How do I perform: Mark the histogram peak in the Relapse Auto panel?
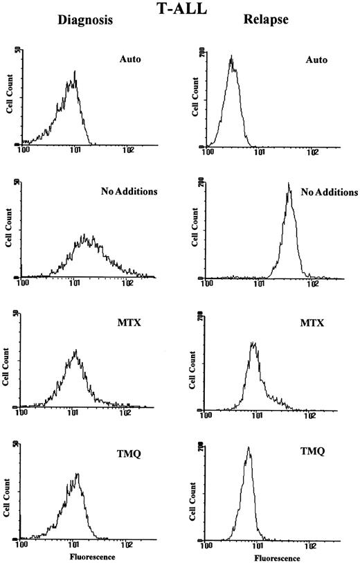point(232,57)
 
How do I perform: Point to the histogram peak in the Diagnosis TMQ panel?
point(78,474)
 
